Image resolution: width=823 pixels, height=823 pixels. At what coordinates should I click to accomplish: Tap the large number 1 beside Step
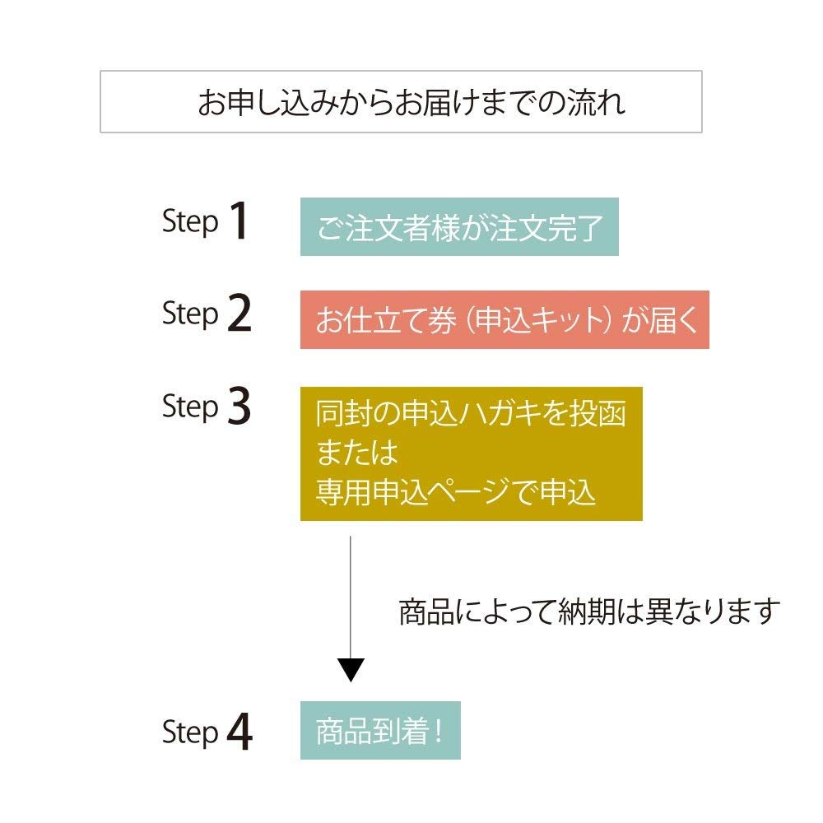(x=238, y=222)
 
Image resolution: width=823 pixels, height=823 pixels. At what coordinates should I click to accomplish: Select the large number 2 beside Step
(x=239, y=314)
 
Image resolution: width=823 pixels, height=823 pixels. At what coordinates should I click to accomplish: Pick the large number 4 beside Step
(x=239, y=732)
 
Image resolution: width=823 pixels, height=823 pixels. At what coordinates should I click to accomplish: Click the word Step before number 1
(x=190, y=223)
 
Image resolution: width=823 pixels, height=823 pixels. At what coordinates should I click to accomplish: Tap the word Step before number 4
(x=190, y=732)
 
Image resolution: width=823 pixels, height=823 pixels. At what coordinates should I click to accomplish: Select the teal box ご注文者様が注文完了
(x=458, y=226)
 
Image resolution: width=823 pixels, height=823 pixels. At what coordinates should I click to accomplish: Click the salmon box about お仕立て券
(x=504, y=319)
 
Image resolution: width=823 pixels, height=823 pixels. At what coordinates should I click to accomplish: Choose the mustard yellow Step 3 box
(x=471, y=453)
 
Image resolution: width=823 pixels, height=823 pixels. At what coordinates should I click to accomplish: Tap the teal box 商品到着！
(x=379, y=730)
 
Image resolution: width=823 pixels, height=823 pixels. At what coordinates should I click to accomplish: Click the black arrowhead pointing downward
(x=351, y=669)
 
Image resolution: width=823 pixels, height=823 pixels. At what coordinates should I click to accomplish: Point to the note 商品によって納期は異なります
(x=588, y=611)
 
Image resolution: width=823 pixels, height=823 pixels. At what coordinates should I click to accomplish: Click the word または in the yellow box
(x=356, y=453)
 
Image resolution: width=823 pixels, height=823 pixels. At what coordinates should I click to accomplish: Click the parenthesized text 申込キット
(x=535, y=320)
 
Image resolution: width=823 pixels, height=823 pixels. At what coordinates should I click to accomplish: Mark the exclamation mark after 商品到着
(x=436, y=731)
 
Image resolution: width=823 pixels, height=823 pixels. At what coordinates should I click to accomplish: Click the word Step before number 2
(x=190, y=315)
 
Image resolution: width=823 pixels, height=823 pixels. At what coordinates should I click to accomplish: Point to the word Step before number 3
(x=190, y=407)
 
